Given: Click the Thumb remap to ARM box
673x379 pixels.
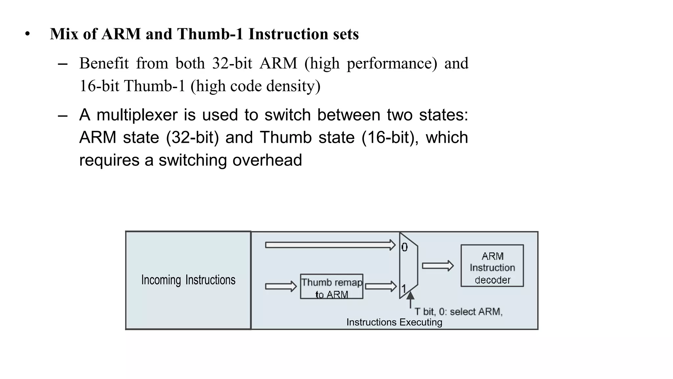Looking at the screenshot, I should pyautogui.click(x=332, y=287).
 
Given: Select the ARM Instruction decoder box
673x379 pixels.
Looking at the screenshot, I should pyautogui.click(x=492, y=266).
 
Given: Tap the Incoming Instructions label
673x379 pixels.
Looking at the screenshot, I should pyautogui.click(x=188, y=280).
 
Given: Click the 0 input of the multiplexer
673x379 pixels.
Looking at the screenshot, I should pyautogui.click(x=405, y=247).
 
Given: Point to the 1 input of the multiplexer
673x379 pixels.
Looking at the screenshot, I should pyautogui.click(x=404, y=289).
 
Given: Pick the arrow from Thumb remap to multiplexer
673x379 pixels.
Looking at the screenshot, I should pyautogui.click(x=381, y=286).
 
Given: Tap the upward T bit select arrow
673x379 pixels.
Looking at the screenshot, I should pyautogui.click(x=410, y=299).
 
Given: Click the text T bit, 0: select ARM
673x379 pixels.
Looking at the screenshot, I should pyautogui.click(x=458, y=312).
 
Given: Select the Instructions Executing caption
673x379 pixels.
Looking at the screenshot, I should pyautogui.click(x=394, y=322).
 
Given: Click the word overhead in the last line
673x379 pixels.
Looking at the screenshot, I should pyautogui.click(x=267, y=160).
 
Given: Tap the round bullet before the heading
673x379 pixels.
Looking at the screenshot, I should pyautogui.click(x=28, y=34).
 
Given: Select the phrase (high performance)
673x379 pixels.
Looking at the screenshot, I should pyautogui.click(x=371, y=63).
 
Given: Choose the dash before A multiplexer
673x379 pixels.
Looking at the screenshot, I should pyautogui.click(x=62, y=116).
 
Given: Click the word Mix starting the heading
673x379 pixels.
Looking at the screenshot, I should pyautogui.click(x=64, y=34).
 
